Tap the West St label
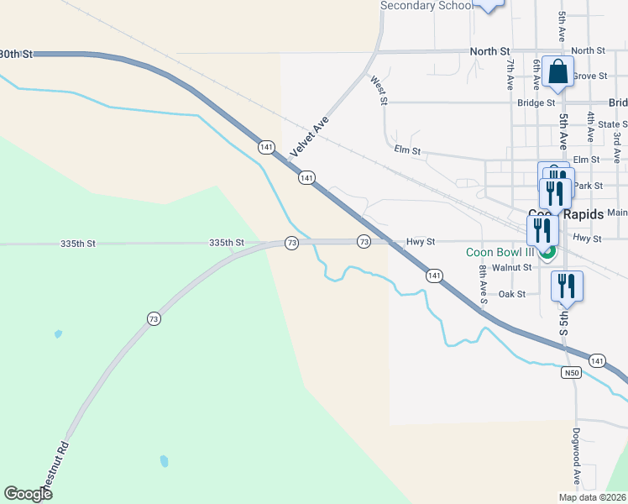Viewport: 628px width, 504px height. (x=379, y=91)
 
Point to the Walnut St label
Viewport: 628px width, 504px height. (x=512, y=267)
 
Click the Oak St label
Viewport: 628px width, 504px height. (x=511, y=294)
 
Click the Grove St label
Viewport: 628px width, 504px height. (x=590, y=76)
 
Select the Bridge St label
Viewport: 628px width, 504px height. (x=536, y=103)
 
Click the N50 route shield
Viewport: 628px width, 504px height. (x=572, y=372)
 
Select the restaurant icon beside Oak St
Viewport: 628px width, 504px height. (x=567, y=286)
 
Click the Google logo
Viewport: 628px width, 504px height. (x=28, y=494)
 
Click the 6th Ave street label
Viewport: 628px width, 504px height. (x=536, y=75)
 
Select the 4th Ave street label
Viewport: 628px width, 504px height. (x=592, y=125)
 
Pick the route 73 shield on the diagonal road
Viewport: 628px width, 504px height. (x=153, y=318)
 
